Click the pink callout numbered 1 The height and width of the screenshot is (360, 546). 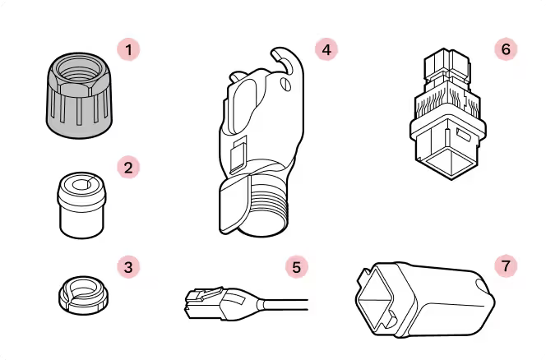pyautogui.click(x=128, y=50)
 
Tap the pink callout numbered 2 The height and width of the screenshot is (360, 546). pyautogui.click(x=128, y=168)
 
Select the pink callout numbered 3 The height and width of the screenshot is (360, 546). pyautogui.click(x=128, y=267)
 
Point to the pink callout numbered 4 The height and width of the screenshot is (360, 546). pyautogui.click(x=326, y=50)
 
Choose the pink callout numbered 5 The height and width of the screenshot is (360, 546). pyautogui.click(x=296, y=267)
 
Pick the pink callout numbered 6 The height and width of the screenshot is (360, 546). pyautogui.click(x=506, y=49)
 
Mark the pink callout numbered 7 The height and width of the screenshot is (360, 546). pyautogui.click(x=506, y=266)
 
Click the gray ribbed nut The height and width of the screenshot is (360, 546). pyautogui.click(x=80, y=95)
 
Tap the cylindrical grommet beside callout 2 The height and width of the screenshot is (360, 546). pyautogui.click(x=81, y=205)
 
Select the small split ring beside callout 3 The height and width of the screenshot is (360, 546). pyautogui.click(x=83, y=295)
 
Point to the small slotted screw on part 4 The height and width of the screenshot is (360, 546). pyautogui.click(x=285, y=84)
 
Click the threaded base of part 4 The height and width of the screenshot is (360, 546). pyautogui.click(x=267, y=209)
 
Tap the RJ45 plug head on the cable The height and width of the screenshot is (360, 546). pyautogui.click(x=206, y=303)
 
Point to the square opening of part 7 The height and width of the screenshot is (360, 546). pyautogui.click(x=375, y=299)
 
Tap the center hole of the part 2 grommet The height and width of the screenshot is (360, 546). pyautogui.click(x=82, y=184)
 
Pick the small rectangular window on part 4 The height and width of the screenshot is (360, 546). pyautogui.click(x=238, y=154)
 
